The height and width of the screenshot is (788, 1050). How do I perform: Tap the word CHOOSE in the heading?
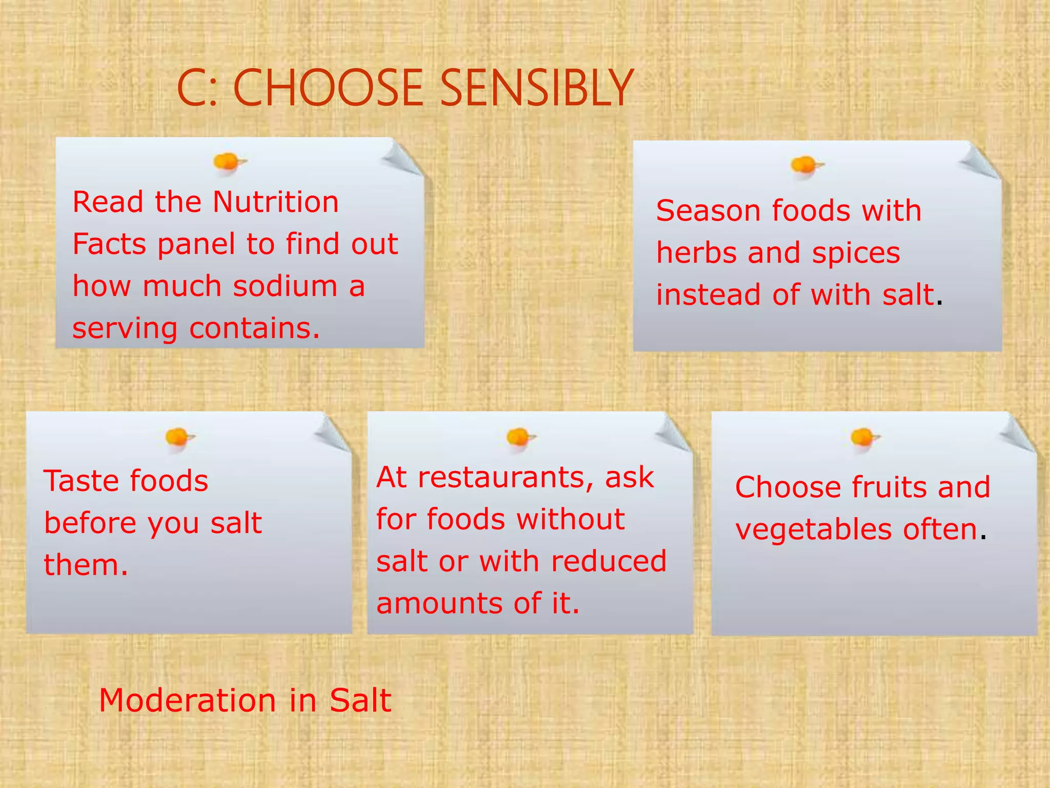point(327,88)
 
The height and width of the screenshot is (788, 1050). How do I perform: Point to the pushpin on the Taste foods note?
point(177,438)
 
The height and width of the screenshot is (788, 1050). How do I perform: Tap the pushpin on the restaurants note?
point(518,438)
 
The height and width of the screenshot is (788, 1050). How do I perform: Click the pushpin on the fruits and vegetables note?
point(863,438)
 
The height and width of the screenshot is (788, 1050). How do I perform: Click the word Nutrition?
point(275,202)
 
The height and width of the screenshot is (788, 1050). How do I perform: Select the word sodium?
point(285,286)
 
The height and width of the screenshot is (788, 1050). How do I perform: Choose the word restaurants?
point(508,478)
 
